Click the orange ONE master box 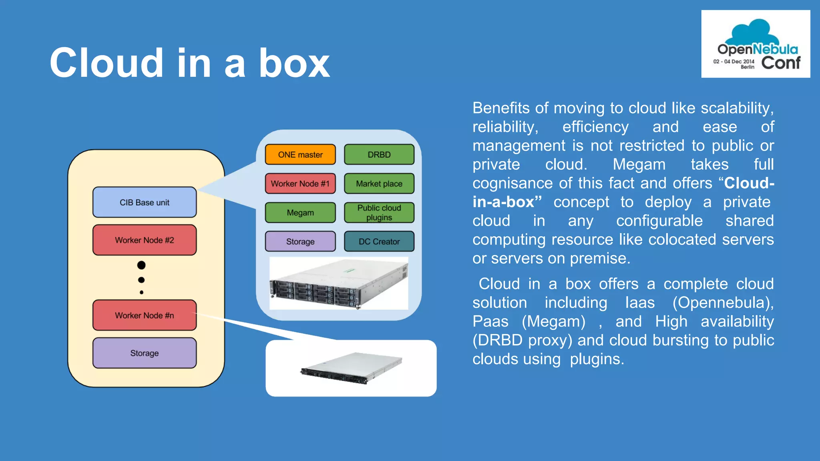tap(300, 154)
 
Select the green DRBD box tap(379, 154)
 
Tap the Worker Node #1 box tap(300, 184)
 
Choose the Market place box tap(379, 184)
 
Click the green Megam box tap(300, 212)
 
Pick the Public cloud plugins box tap(379, 212)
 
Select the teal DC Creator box tap(379, 241)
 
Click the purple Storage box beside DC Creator tap(300, 241)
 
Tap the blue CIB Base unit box tap(145, 202)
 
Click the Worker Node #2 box tap(145, 240)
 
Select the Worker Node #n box tap(145, 315)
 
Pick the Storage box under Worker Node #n tap(145, 353)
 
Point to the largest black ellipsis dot tap(141, 265)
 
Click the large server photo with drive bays tap(339, 283)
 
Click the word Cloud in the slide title tap(107, 63)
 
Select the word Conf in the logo tap(780, 63)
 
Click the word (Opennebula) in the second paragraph tap(723, 303)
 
